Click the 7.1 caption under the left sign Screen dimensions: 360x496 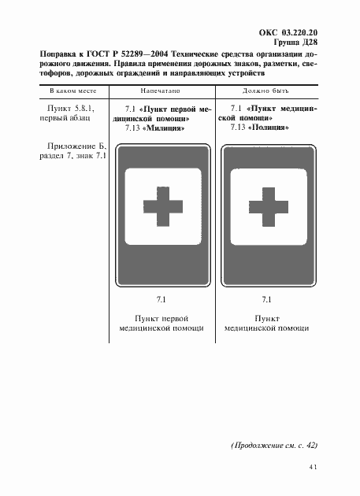point(161,299)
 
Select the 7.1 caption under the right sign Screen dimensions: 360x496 point(265,299)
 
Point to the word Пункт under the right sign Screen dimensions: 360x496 point(265,317)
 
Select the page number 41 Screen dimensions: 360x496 point(312,468)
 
